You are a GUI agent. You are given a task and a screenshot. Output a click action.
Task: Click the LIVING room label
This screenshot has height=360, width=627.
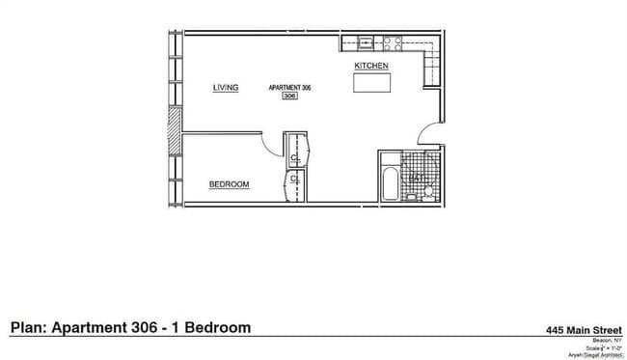[226, 89]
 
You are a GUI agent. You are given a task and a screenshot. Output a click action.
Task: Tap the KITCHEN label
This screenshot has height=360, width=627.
[371, 65]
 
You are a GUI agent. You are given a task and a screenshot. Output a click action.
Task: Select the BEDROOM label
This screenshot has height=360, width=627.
[230, 183]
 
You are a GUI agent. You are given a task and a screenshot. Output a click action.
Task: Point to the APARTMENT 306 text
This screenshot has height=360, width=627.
[289, 88]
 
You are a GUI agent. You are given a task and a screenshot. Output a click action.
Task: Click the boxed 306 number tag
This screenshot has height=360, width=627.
[288, 97]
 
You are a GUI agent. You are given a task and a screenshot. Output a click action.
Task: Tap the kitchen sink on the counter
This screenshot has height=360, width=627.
[365, 42]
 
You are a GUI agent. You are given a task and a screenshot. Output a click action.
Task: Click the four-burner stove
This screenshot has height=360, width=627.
[392, 42]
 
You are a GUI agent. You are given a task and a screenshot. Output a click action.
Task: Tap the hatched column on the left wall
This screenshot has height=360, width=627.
[174, 129]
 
